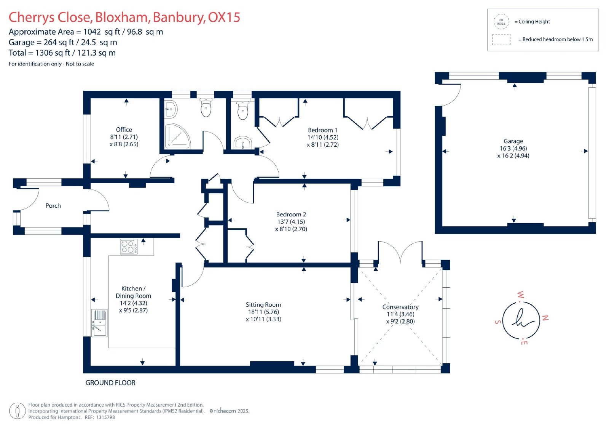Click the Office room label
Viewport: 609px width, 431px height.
[124, 130]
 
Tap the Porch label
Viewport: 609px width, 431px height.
[53, 205]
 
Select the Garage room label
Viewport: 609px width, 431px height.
[513, 141]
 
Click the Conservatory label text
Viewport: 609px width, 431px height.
[400, 307]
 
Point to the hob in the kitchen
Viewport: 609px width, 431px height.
[129, 247]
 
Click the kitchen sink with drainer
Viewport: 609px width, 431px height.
[99, 323]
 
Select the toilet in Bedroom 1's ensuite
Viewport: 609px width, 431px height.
[242, 110]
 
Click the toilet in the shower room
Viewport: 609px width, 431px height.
[206, 107]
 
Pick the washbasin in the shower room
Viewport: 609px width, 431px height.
[171, 109]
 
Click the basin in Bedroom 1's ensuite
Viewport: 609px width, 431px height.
[243, 143]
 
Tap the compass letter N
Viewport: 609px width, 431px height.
[545, 318]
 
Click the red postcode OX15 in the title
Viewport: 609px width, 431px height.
[224, 17]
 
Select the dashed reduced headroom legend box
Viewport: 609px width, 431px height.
[501, 40]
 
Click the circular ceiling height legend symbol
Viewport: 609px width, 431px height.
[501, 22]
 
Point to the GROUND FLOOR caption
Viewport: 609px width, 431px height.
[110, 383]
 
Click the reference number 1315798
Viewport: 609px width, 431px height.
[105, 417]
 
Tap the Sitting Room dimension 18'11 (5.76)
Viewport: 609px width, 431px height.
[263, 312]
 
